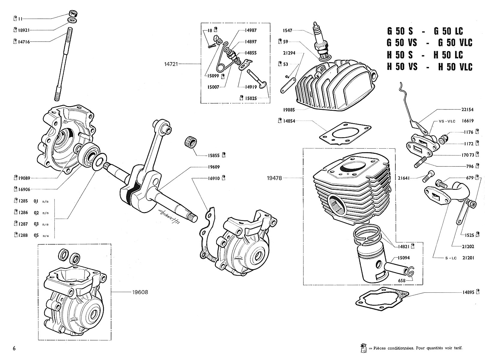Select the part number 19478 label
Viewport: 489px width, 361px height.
coord(274,178)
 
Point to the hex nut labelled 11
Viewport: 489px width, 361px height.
coord(72,14)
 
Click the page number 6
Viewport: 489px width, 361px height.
coord(14,348)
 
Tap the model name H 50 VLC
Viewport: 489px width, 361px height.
coord(455,67)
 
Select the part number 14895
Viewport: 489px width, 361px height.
coord(469,292)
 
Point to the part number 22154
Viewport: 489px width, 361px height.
coord(468,110)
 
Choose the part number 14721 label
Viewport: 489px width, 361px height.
coord(171,64)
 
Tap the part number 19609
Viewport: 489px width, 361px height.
coord(213,167)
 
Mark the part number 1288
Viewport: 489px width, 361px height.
coord(23,235)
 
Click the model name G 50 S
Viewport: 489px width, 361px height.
coord(400,31)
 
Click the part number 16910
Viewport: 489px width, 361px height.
coord(213,178)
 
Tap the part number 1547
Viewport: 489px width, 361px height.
coord(287,30)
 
